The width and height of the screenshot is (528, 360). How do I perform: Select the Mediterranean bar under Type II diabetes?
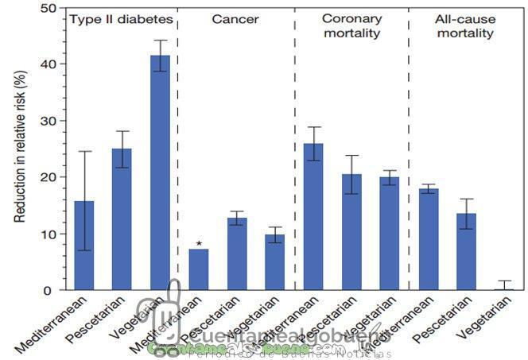point(84,246)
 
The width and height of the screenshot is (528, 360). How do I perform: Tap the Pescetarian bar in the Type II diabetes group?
point(122,219)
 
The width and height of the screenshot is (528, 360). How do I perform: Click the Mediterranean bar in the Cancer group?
point(198,270)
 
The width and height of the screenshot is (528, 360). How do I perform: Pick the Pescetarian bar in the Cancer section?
point(236,254)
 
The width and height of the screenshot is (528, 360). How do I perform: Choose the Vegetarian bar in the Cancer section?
point(275,262)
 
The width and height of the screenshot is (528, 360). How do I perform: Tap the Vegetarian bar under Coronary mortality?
point(390,234)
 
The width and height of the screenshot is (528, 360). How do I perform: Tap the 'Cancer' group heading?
point(236,18)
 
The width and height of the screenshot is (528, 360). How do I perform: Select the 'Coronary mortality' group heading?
point(351,25)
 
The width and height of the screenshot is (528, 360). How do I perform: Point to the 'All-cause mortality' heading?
point(465,25)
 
